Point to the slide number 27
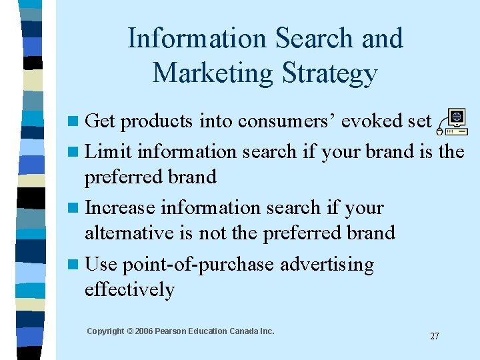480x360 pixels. tap(435, 336)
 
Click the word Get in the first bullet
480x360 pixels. tap(100, 121)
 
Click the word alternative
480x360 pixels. tap(130, 233)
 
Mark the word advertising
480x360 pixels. tap(327, 265)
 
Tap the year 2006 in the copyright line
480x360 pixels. tap(145, 331)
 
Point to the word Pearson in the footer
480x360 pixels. tap(174, 331)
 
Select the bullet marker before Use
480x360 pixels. tap(74, 265)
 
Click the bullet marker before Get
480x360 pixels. tap(74, 121)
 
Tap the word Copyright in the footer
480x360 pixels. tap(105, 331)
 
